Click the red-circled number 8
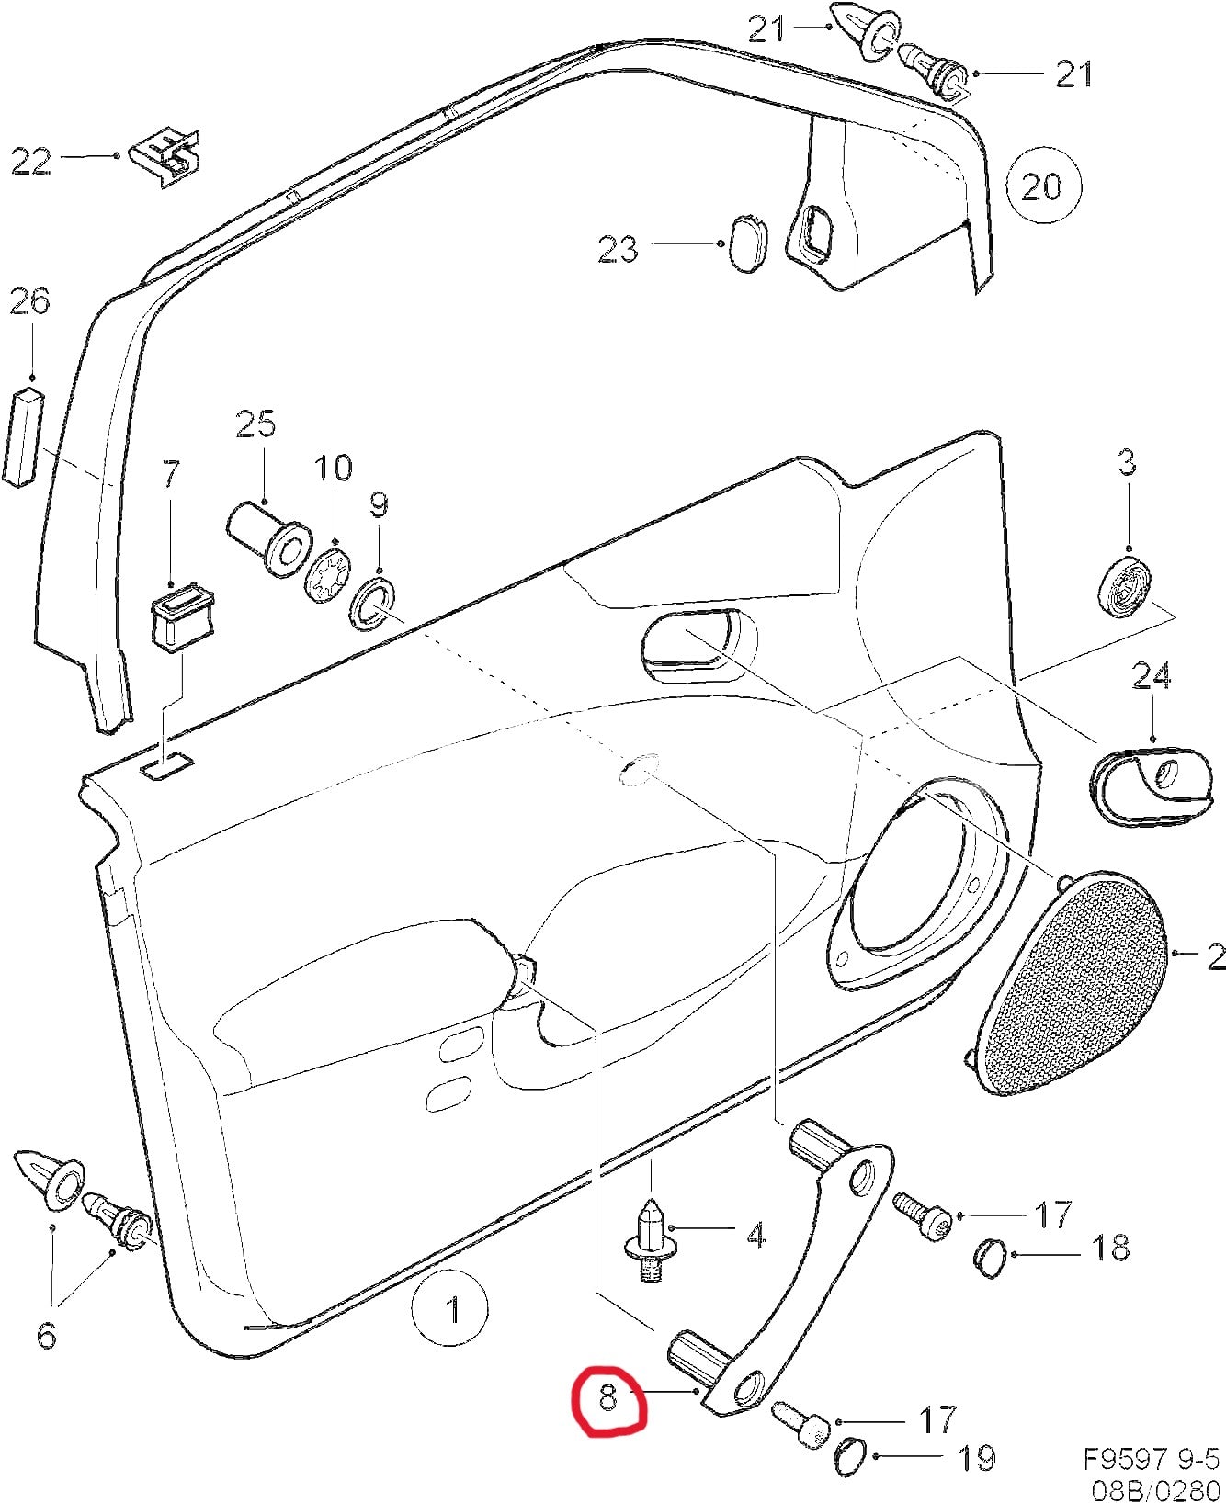pyautogui.click(x=607, y=1424)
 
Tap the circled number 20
pyautogui.click(x=1042, y=187)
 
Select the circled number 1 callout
pyautogui.click(x=450, y=1310)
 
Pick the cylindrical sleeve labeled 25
pyautogui.click(x=267, y=537)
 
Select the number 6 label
pyautogui.click(x=45, y=1334)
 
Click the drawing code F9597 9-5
pyautogui.click(x=1152, y=1460)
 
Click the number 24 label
pyautogui.click(x=1151, y=678)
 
